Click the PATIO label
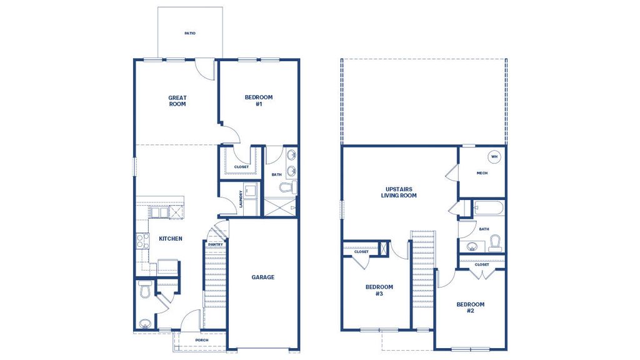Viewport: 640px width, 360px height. (189, 33)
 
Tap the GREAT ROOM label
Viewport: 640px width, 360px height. (177, 101)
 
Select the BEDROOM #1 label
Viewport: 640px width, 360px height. (258, 101)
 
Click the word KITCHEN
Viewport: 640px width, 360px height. (171, 239)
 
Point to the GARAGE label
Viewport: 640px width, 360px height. (263, 277)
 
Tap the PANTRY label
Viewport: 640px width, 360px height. (216, 244)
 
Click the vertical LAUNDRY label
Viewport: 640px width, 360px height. (241, 199)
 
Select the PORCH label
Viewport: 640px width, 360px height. (201, 341)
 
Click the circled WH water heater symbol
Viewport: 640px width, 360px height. (494, 157)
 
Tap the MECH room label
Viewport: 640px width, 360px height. (482, 173)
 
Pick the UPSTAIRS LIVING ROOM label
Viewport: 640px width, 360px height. (399, 192)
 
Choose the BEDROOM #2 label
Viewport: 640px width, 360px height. (470, 307)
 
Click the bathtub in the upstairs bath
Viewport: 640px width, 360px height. (489, 207)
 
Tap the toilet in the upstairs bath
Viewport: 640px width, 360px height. (495, 242)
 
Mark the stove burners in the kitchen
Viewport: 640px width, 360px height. (142, 241)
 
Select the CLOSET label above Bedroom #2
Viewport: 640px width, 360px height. (482, 264)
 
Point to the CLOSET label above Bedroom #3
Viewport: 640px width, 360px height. (361, 251)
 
